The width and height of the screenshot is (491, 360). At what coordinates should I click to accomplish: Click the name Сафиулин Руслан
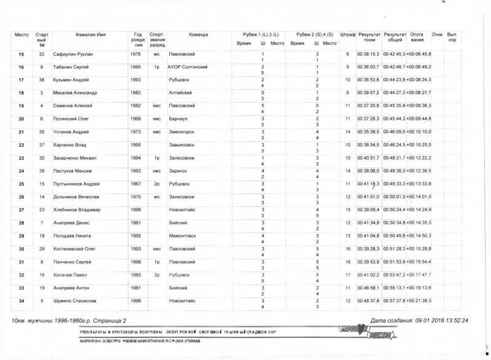pos(72,55)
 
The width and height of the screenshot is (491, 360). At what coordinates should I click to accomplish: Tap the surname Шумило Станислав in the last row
pos(72,300)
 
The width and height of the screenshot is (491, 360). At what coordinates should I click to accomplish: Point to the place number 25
pos(21,184)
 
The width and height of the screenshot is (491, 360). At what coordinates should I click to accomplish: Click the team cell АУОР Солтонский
pos(189,67)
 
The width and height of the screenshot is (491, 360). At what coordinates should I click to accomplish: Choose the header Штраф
pos(347,35)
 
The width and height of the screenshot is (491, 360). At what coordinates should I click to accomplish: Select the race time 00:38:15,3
pos(369,55)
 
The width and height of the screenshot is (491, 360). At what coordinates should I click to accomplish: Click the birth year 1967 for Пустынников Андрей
pos(136,184)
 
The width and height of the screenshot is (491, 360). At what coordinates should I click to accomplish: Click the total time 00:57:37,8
pos(395,300)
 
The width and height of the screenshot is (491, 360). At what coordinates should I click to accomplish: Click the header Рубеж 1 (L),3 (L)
pos(260,35)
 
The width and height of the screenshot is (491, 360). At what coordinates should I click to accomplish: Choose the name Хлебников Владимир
pos(76,209)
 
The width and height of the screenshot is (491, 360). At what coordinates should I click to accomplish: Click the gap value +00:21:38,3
pos(420,300)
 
